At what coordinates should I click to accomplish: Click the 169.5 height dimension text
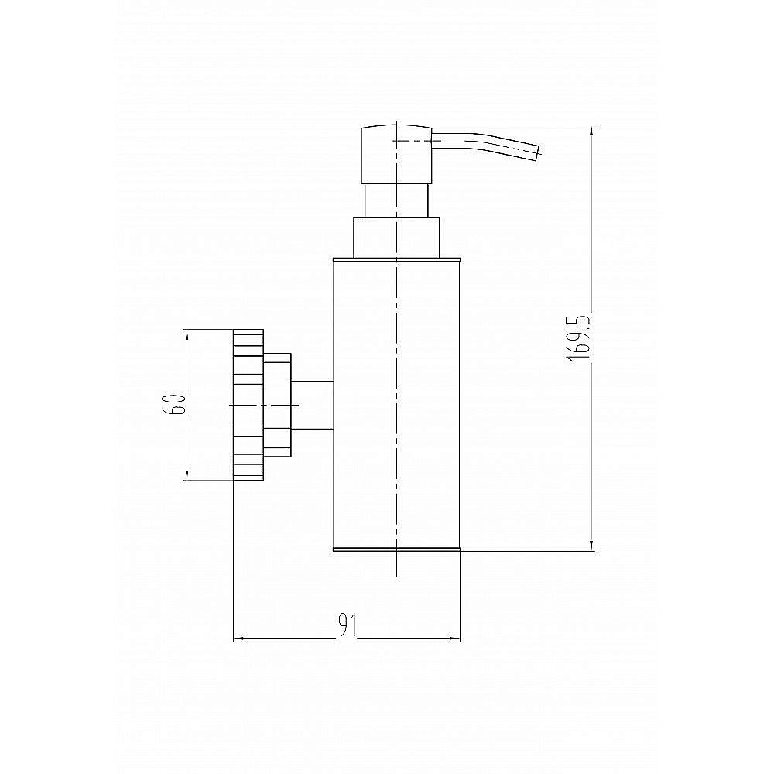pos(578,337)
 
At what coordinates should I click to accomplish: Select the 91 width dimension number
pos(348,625)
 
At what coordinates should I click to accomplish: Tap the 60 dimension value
pos(176,404)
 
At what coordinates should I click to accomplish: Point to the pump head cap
pos(396,155)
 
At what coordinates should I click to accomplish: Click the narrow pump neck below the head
pos(396,201)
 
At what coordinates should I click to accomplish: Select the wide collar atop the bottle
pos(396,238)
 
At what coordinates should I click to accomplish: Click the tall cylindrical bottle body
pos(397,404)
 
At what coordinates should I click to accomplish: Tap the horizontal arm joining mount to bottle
pos(313,405)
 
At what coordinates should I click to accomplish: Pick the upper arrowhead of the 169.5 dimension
pos(592,130)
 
